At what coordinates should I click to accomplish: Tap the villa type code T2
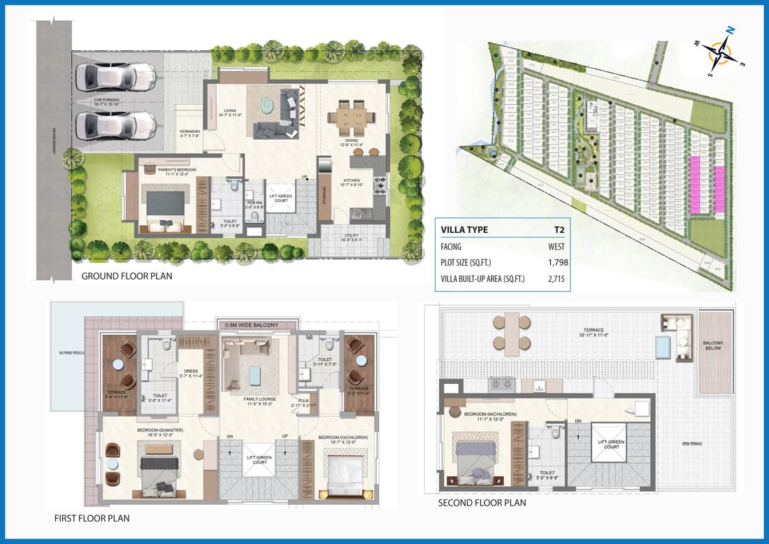[559, 229]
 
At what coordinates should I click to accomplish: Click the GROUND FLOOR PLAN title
[127, 276]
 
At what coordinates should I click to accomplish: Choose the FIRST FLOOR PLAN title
[92, 518]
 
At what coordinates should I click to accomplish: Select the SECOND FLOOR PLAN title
[482, 503]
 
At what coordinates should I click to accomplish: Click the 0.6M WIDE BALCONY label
[252, 325]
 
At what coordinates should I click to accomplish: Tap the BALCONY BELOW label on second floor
[713, 345]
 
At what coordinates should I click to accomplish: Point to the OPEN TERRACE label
[692, 444]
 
